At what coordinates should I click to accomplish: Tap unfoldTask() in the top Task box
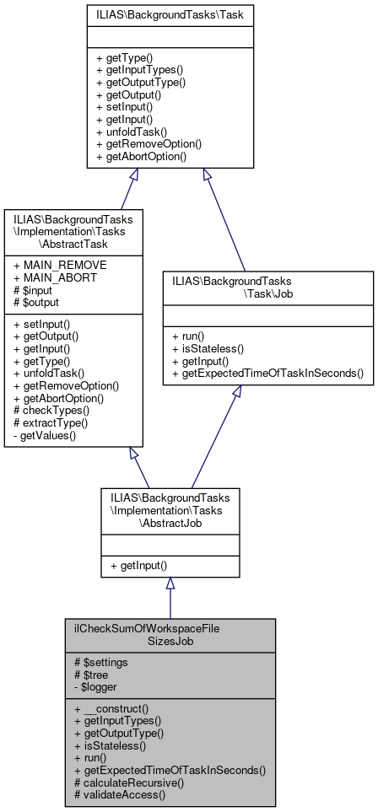[x=132, y=132]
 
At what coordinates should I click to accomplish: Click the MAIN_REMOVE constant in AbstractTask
[x=51, y=265]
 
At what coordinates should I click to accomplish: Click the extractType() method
[x=51, y=423]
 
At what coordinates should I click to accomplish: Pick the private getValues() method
[x=44, y=436]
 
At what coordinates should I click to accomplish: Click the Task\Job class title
[x=267, y=287]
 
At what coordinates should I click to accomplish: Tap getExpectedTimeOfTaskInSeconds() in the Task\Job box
[x=267, y=373]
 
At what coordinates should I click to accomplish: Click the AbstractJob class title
[x=170, y=510]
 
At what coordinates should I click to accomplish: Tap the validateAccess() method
[x=120, y=793]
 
